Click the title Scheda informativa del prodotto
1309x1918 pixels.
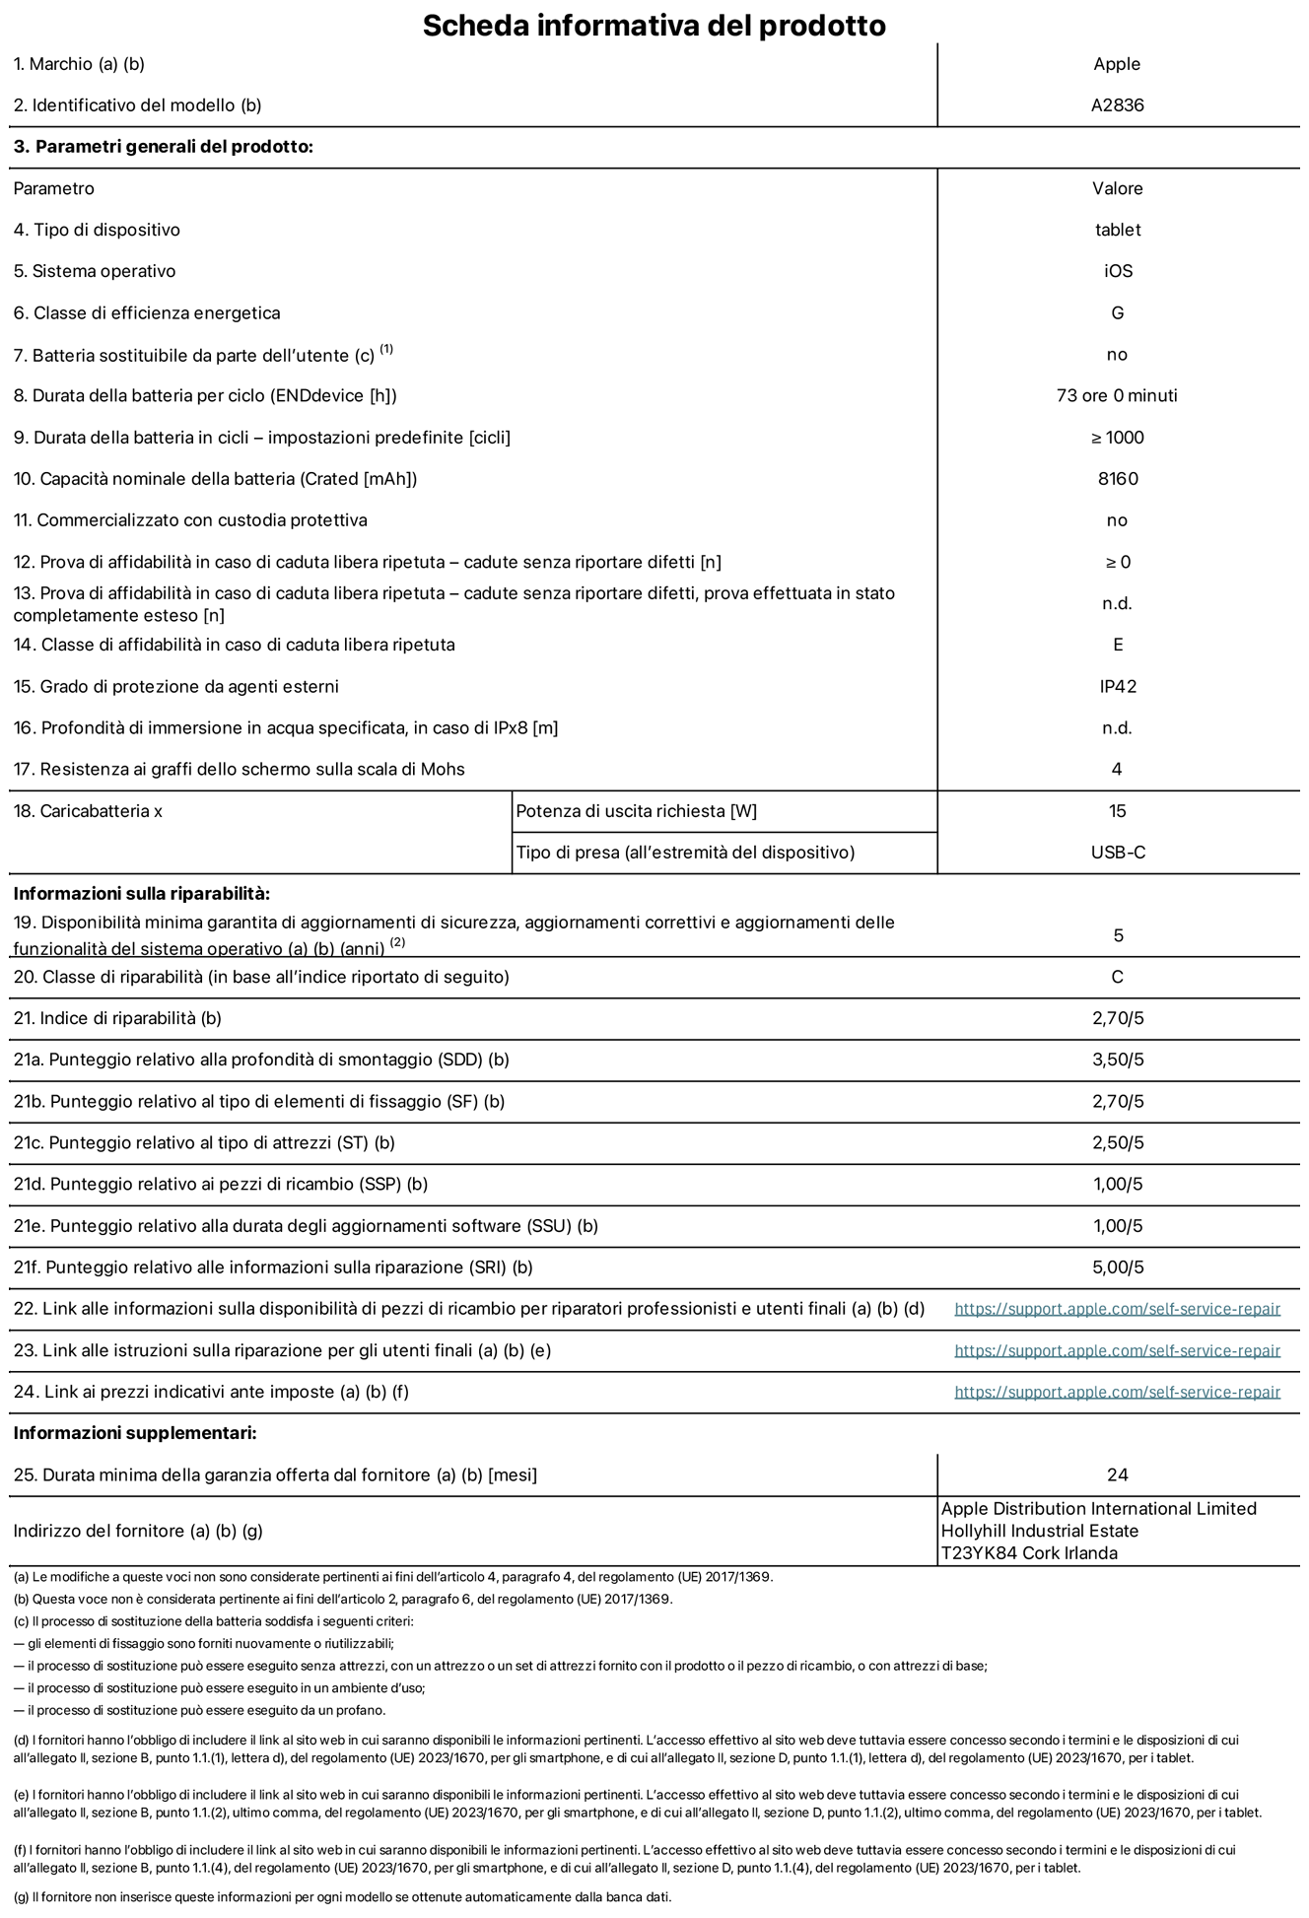654,25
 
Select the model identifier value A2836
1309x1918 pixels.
1117,105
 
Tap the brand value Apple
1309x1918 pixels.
1117,64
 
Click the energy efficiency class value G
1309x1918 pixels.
1117,313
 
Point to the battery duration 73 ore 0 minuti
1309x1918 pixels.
1117,396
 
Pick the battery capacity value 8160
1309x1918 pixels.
1117,479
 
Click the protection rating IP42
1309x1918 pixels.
1117,687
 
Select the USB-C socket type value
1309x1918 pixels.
1117,853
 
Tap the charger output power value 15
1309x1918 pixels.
1117,811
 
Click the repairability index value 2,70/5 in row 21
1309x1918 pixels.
1117,1018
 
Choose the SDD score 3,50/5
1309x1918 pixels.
1117,1060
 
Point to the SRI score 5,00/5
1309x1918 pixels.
1117,1267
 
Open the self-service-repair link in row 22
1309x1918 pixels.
1117,1309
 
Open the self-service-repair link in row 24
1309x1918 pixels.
1117,1392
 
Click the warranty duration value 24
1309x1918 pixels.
1117,1474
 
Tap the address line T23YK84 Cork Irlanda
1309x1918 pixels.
1029,1553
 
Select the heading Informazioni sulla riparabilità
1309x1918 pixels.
141,894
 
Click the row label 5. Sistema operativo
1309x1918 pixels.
95,271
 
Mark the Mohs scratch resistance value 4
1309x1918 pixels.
1117,770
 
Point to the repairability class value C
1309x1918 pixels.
1117,977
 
